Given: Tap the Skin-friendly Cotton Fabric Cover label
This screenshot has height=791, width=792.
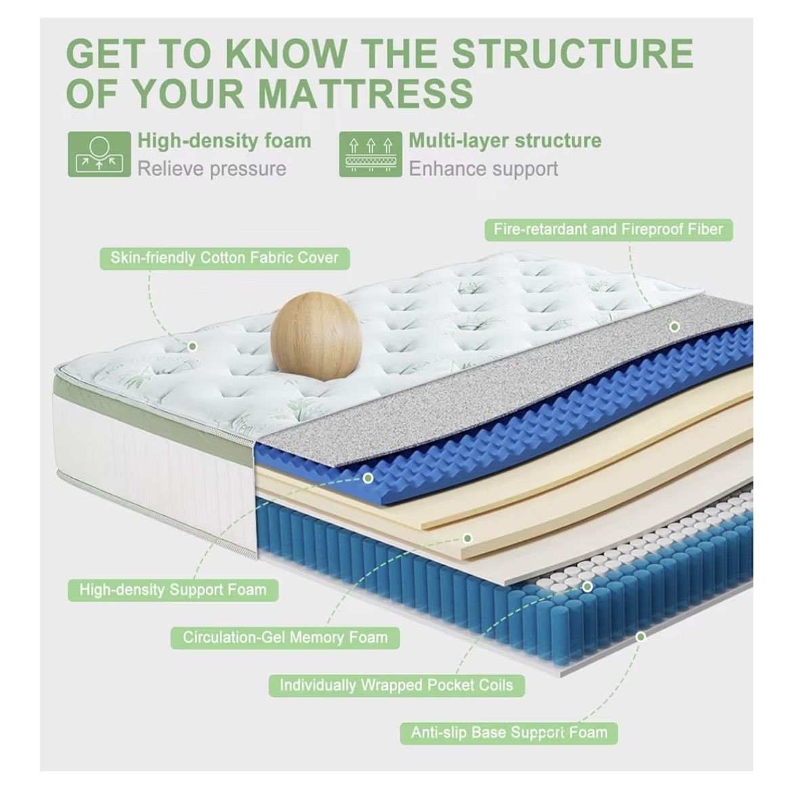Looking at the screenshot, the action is pyautogui.click(x=224, y=258).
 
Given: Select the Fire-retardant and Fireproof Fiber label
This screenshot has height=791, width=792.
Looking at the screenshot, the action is pyautogui.click(x=608, y=230).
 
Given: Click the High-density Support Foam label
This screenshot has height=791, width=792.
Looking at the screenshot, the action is pyautogui.click(x=173, y=590).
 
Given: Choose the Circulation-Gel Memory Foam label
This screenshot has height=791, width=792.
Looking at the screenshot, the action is pyautogui.click(x=285, y=637).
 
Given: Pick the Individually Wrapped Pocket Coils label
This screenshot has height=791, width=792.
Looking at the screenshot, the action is pyautogui.click(x=396, y=685).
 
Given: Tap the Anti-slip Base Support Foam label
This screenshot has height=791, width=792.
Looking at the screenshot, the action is pyautogui.click(x=509, y=733).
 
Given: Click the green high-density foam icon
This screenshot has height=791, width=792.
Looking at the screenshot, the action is pyautogui.click(x=99, y=154).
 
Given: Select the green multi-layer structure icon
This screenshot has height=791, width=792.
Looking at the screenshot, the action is pyautogui.click(x=371, y=154).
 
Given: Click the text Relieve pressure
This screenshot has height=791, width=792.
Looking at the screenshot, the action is pyautogui.click(x=211, y=169).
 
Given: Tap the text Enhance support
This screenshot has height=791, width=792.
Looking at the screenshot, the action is pyautogui.click(x=483, y=169).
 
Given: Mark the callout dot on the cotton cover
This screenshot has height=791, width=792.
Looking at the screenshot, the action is pyautogui.click(x=192, y=346).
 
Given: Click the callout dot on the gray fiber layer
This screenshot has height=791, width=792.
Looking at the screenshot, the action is pyautogui.click(x=674, y=327).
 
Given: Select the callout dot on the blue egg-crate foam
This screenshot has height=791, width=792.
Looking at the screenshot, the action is pyautogui.click(x=368, y=478).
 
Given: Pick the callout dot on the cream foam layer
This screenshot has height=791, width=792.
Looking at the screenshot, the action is pyautogui.click(x=467, y=538).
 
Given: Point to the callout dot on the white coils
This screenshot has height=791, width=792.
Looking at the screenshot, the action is pyautogui.click(x=587, y=587).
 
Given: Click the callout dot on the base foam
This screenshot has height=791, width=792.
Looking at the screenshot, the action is pyautogui.click(x=640, y=637).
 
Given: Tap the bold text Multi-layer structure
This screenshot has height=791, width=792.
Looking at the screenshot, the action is pyautogui.click(x=505, y=141).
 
